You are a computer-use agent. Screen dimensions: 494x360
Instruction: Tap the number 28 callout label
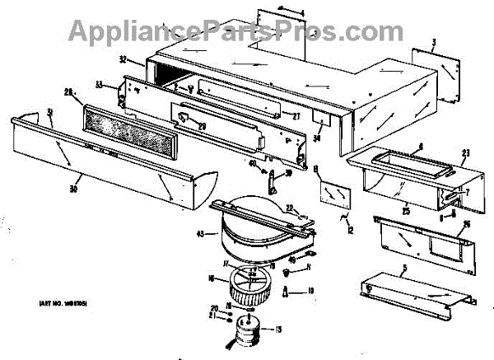point(69,93)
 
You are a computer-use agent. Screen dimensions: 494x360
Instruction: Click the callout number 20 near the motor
point(212,308)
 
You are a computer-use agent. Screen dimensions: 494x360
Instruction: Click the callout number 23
point(465,152)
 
